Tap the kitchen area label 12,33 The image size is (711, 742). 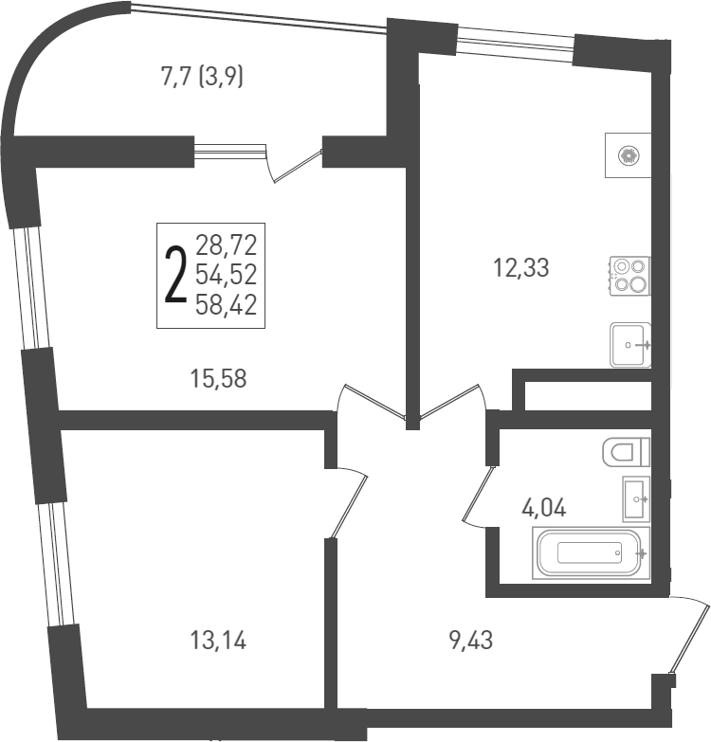pyautogui.click(x=520, y=267)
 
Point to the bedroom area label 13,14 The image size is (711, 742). pyautogui.click(x=218, y=642)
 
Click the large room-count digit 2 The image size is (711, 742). pyautogui.click(x=174, y=274)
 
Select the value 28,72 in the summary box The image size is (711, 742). pyautogui.click(x=227, y=244)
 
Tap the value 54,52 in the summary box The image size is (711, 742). pyautogui.click(x=227, y=275)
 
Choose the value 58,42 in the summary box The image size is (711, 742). pyautogui.click(x=227, y=304)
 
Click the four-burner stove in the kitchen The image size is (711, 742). pyautogui.click(x=629, y=275)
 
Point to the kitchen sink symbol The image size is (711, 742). pyautogui.click(x=630, y=345)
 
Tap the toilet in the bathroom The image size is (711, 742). pyautogui.click(x=626, y=452)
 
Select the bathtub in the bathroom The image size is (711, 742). pyautogui.click(x=591, y=552)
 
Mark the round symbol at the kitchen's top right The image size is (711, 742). pyautogui.click(x=627, y=156)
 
